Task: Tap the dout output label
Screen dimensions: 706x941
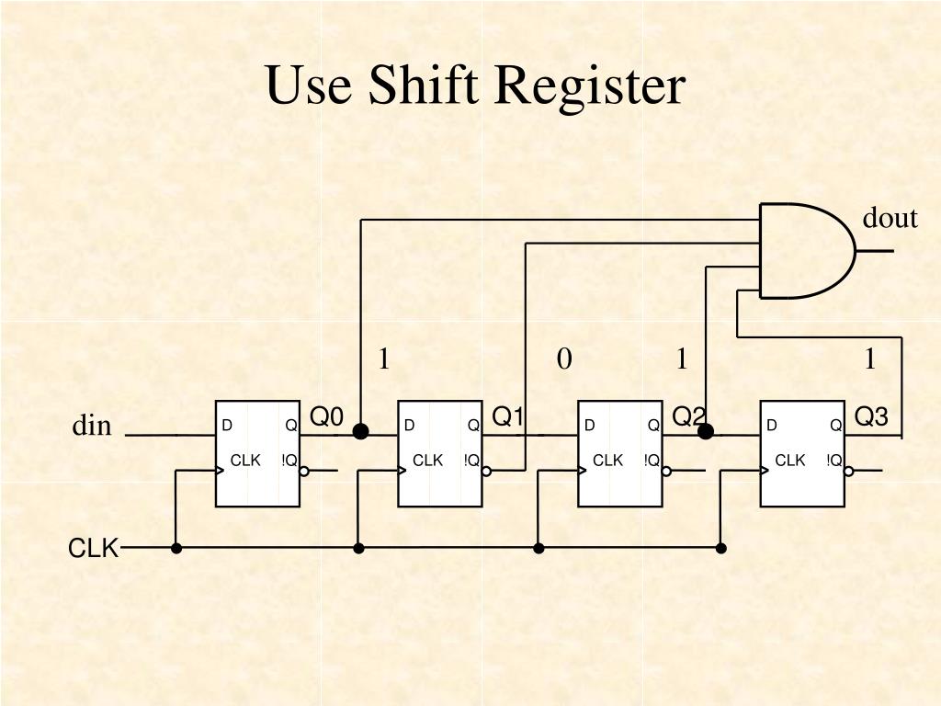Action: tap(890, 218)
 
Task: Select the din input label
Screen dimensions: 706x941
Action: tap(92, 426)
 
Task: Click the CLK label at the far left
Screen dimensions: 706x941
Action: tap(93, 549)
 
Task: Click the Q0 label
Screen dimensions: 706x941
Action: tap(326, 417)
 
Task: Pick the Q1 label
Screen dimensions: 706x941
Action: tap(508, 417)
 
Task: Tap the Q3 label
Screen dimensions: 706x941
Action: tap(871, 417)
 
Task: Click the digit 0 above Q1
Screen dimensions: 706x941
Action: tap(564, 359)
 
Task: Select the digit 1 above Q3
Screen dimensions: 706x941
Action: tap(869, 359)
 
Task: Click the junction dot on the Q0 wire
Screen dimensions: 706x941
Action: tap(361, 431)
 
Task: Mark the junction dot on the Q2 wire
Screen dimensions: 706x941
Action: tap(706, 431)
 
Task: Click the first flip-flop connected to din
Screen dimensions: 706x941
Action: tap(258, 453)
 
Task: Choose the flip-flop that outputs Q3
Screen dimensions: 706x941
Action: tap(802, 453)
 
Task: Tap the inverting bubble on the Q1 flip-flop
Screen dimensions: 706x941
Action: tap(486, 471)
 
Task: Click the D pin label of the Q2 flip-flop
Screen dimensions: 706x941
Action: tap(590, 425)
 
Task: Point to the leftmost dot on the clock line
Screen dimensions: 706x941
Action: tap(176, 548)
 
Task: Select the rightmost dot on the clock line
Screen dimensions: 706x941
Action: tap(721, 548)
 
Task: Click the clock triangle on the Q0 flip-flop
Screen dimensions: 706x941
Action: tap(220, 471)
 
